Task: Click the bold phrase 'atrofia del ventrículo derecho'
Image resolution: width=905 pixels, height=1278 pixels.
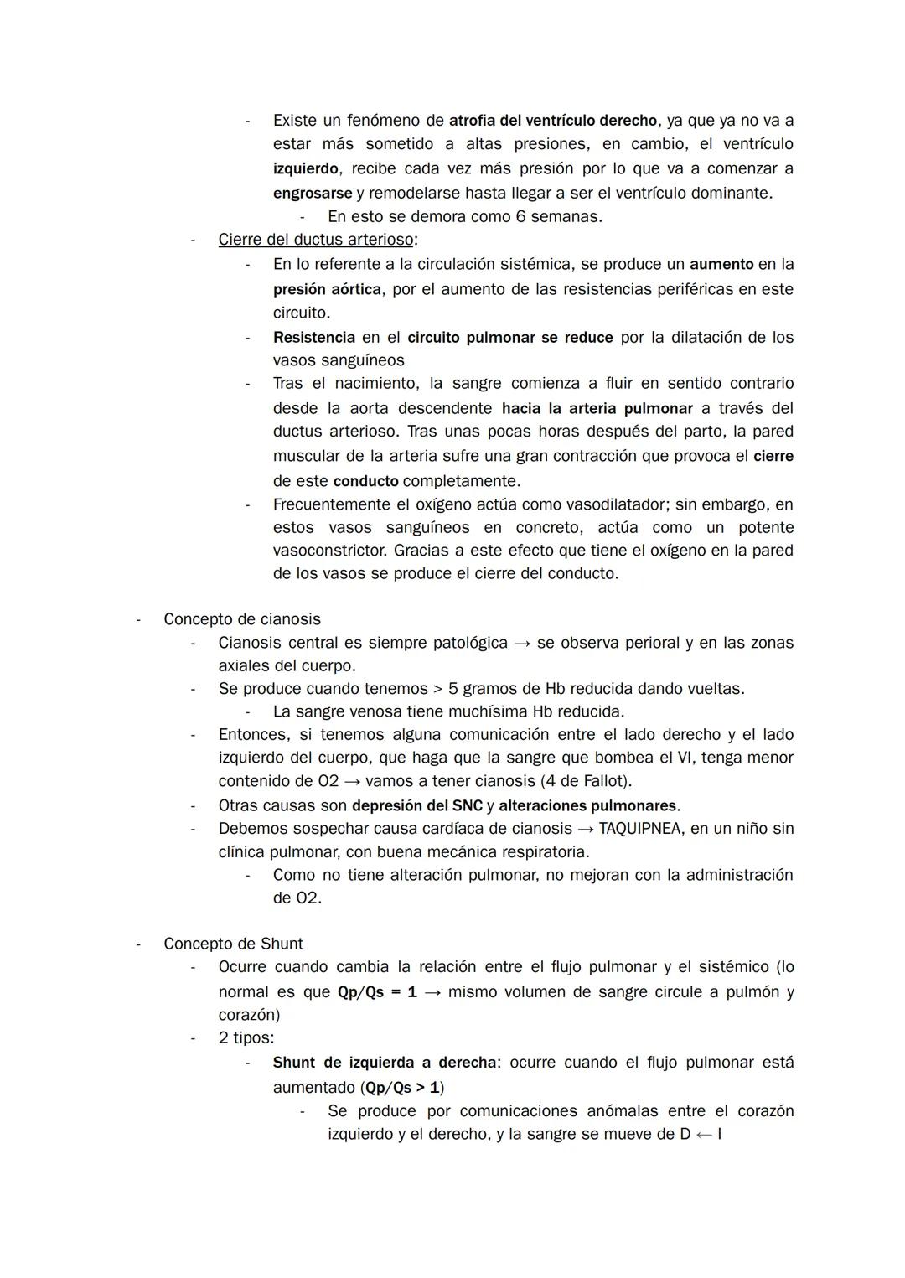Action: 553,121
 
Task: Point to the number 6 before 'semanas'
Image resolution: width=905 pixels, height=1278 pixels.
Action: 521,216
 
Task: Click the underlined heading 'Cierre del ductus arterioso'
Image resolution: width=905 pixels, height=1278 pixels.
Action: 316,240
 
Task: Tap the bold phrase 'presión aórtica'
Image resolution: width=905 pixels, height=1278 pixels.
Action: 327,289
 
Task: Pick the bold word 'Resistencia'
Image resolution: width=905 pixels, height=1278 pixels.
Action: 314,338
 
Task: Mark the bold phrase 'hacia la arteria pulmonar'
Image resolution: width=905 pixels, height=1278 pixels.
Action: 597,409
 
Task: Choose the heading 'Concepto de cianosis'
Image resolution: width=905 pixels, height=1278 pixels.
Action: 242,619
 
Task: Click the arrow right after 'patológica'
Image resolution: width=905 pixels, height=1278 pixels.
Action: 522,643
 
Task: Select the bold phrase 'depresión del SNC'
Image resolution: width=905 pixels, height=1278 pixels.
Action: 417,806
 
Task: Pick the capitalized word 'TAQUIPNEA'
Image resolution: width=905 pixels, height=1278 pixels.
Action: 637,829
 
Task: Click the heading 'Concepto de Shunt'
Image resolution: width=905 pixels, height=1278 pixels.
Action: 233,944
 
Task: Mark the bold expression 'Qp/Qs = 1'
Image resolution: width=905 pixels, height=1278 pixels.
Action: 377,992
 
